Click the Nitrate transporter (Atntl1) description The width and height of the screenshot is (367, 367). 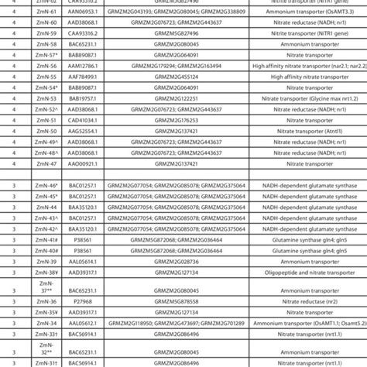(310, 132)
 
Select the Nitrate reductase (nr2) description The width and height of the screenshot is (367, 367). (310, 300)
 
